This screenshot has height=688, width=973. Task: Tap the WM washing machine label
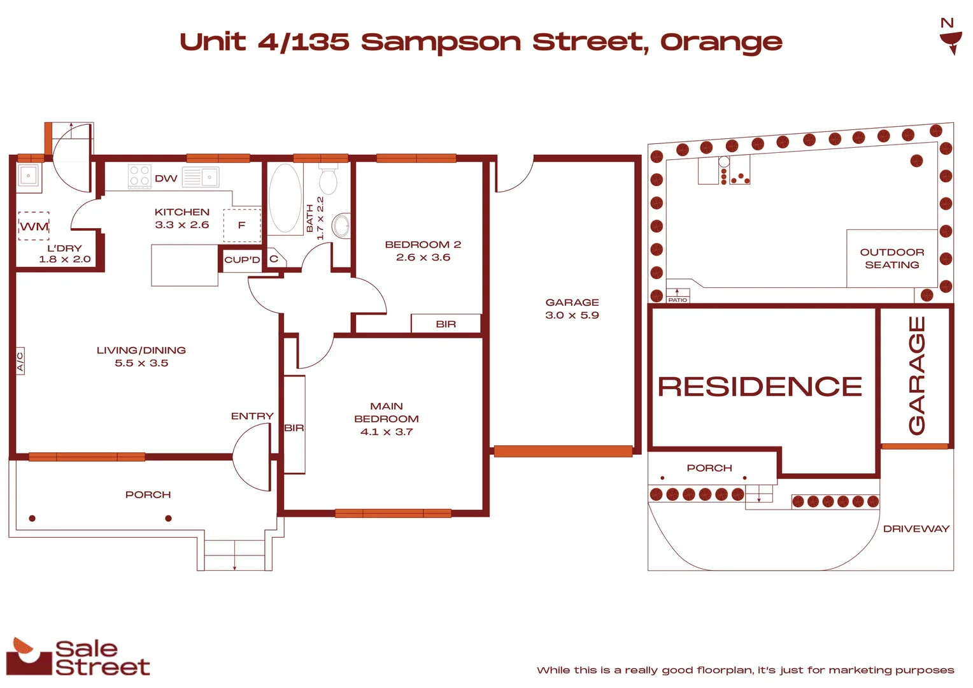point(34,227)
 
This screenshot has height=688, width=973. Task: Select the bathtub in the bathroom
point(285,198)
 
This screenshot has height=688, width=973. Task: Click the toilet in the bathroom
point(328,180)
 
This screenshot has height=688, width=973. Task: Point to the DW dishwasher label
point(166,179)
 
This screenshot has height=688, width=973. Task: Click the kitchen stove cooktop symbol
point(139,176)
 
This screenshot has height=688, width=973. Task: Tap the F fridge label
point(241,225)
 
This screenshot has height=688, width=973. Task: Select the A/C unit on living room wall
point(20,361)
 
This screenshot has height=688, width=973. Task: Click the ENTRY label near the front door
point(252,416)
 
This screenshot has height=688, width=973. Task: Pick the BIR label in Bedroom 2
point(446,324)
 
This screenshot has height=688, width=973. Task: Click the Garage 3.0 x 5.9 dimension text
point(572,315)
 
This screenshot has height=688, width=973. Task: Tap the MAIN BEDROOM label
point(386,412)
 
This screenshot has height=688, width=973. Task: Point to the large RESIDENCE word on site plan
point(760,387)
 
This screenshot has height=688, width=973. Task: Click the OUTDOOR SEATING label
point(891,259)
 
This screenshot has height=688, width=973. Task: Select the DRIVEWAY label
point(916,529)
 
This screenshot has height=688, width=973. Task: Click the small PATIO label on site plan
point(678,299)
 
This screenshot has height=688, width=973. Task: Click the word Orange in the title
point(721,43)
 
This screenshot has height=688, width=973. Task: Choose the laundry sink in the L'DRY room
point(29,175)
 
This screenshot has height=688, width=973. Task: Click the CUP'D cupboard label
point(242,260)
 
